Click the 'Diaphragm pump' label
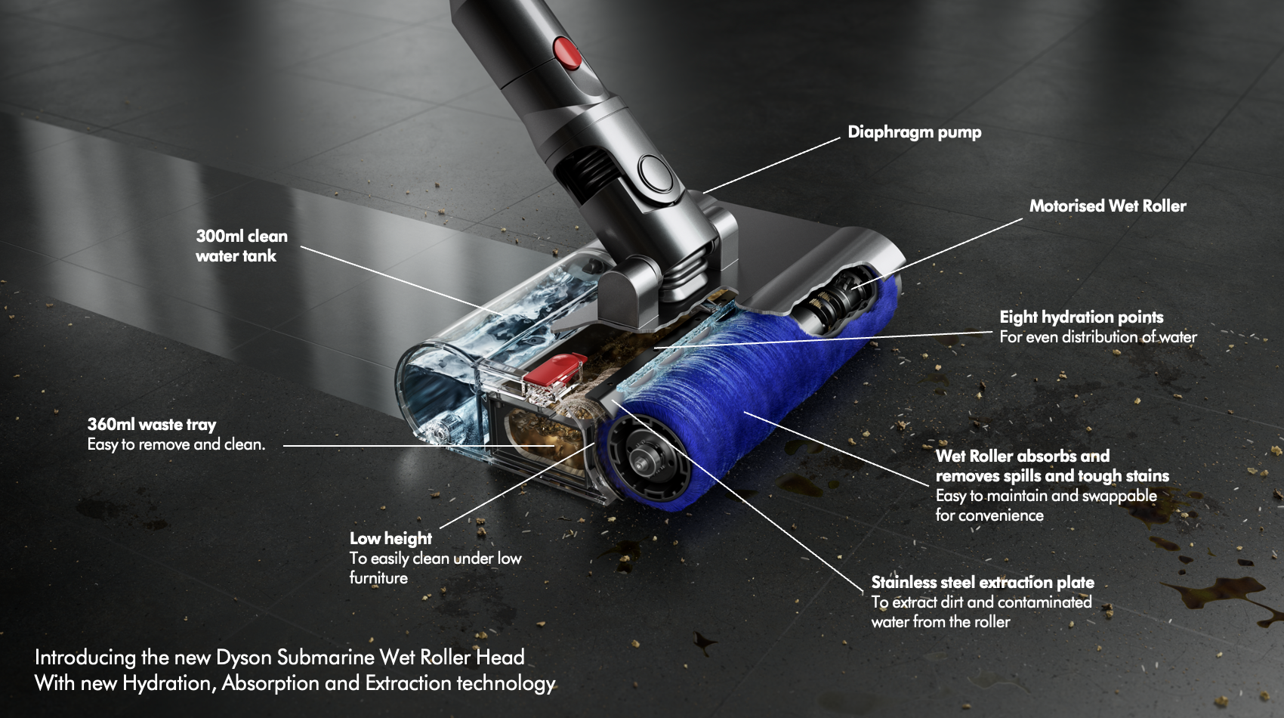(914, 132)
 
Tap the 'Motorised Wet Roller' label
(1107, 206)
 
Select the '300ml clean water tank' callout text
(242, 246)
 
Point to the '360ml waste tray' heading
(152, 425)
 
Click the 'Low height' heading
(391, 538)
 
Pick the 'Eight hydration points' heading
(1082, 317)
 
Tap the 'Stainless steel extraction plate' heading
(983, 582)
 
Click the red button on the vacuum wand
(567, 52)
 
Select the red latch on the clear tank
(556, 369)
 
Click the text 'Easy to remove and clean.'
(177, 444)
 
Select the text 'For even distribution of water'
(1098, 336)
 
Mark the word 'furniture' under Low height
(379, 577)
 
